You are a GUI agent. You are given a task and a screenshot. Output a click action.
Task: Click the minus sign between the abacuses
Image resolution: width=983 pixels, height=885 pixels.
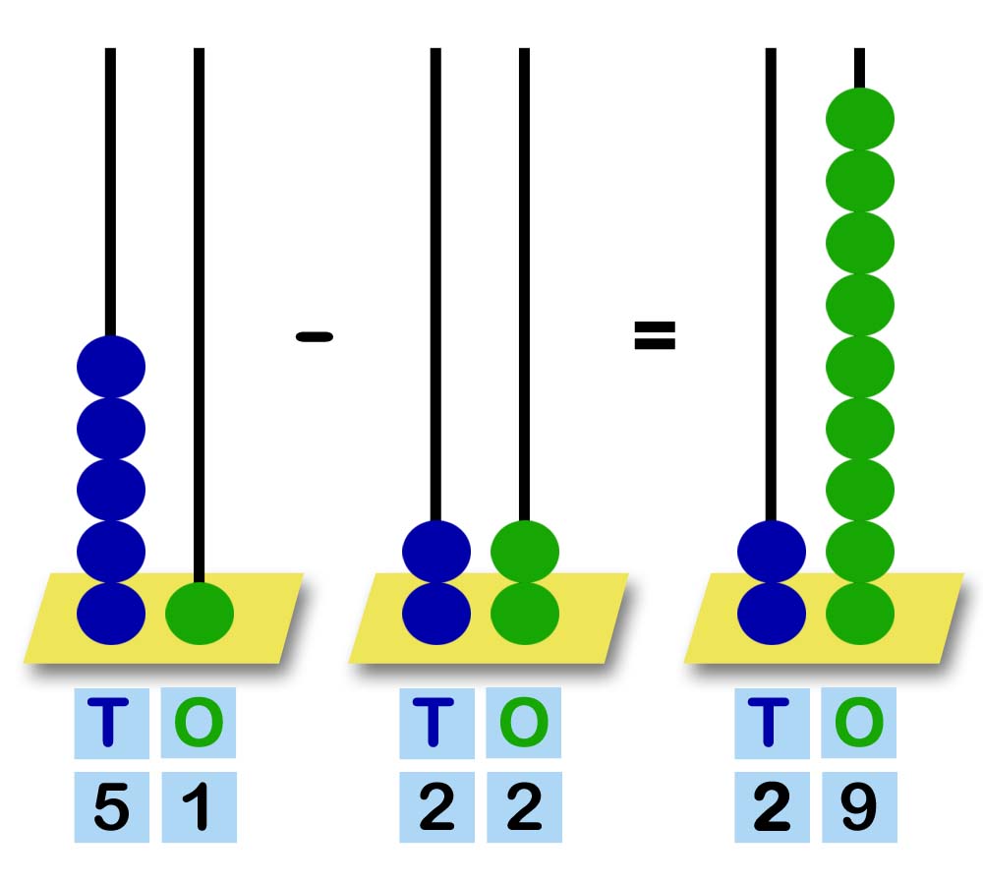pyautogui.click(x=314, y=336)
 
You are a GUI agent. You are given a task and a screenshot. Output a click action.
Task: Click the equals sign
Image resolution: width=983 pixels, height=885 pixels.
pyautogui.click(x=655, y=336)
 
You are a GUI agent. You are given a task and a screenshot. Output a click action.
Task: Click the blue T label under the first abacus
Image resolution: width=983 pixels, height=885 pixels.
pyautogui.click(x=111, y=723)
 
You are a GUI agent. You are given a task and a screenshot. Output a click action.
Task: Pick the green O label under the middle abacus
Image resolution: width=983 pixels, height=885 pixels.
pyautogui.click(x=524, y=723)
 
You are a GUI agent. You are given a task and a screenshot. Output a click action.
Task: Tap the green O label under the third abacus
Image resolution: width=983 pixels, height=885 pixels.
pyautogui.click(x=859, y=723)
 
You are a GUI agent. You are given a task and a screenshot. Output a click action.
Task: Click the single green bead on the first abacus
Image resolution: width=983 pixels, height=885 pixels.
pyautogui.click(x=200, y=614)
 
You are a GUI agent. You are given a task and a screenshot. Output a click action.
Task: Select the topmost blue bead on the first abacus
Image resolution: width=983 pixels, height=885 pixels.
pyautogui.click(x=111, y=367)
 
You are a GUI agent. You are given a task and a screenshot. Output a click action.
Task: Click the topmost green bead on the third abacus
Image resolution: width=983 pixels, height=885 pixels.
pyautogui.click(x=859, y=119)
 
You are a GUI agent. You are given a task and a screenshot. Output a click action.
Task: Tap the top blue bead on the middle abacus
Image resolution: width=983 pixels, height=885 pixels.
pyautogui.click(x=436, y=552)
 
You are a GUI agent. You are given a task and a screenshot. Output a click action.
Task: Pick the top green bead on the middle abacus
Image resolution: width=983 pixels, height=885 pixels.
pyautogui.click(x=524, y=552)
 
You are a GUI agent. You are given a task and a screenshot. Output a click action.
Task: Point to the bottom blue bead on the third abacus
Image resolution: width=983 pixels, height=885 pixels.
pyautogui.click(x=772, y=614)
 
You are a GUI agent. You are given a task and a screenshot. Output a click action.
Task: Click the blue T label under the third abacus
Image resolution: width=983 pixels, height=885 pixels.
pyautogui.click(x=772, y=723)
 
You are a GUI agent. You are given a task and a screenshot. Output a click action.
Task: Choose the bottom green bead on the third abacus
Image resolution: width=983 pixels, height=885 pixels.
pyautogui.click(x=859, y=614)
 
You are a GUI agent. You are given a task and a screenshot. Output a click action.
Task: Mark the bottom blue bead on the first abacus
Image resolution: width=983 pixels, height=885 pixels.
pyautogui.click(x=111, y=614)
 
